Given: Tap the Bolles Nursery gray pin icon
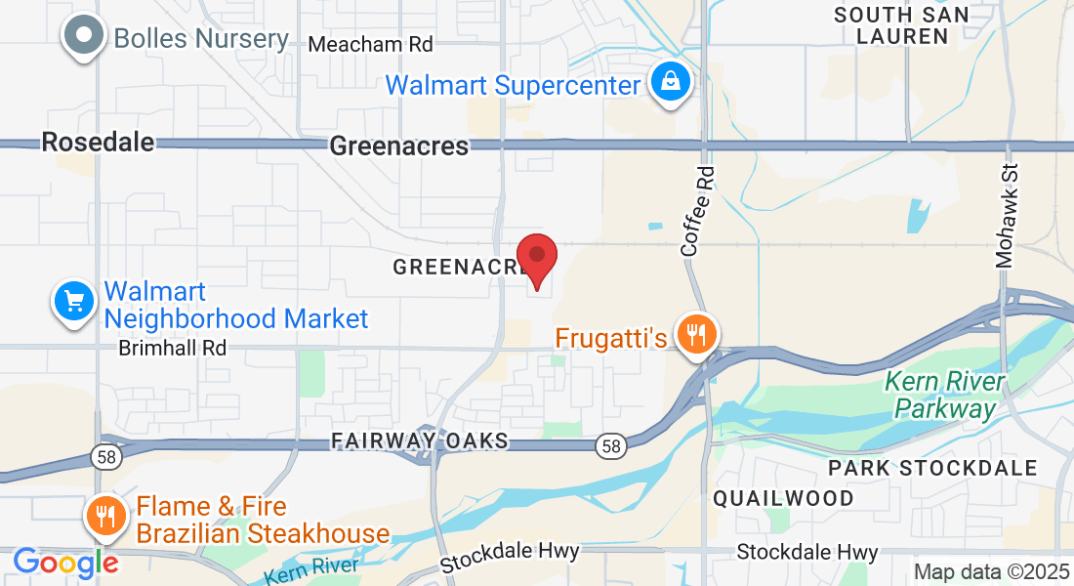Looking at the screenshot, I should [x=84, y=37].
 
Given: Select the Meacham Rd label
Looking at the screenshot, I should [x=370, y=45].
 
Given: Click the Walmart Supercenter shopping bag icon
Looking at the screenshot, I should [x=671, y=83].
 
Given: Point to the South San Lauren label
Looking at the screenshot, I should [x=901, y=25].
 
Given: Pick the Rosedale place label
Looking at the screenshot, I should [x=98, y=143].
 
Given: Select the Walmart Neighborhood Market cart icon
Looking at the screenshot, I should [x=74, y=300].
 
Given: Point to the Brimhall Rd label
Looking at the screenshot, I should [x=173, y=348].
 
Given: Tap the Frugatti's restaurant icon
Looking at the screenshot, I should [x=696, y=335].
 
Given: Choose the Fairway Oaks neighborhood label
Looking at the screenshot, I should [x=420, y=441].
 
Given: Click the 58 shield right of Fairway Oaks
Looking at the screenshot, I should [x=610, y=446].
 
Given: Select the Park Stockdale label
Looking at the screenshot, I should [x=932, y=468].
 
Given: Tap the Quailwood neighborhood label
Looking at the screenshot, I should [x=783, y=498].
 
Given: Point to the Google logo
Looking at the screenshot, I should [x=64, y=563].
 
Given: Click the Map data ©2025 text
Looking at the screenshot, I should [x=989, y=571].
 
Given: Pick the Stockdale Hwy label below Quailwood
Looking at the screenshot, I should [x=807, y=553].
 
